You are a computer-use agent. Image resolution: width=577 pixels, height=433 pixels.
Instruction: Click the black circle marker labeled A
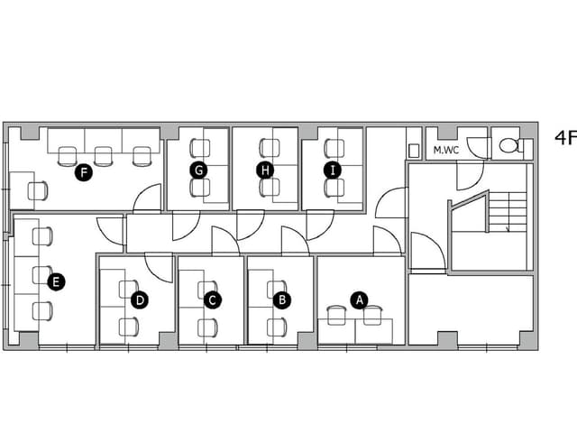pos(360,300)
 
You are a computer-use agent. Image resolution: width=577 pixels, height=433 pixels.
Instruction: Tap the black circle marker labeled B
pos(282,300)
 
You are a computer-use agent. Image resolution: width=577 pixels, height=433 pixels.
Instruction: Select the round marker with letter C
pos(213,300)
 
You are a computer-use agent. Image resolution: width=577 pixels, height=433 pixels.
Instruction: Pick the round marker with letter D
pos(140,300)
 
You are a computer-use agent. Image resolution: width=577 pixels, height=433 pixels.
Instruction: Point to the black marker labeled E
pos(56,282)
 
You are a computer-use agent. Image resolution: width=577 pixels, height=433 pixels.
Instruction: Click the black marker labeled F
pos(84,172)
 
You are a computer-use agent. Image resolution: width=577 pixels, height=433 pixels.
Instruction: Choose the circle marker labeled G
pos(198,170)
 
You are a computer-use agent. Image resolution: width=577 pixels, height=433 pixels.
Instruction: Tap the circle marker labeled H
pos(265,170)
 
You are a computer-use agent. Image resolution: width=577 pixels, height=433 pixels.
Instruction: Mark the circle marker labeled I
pos(333,170)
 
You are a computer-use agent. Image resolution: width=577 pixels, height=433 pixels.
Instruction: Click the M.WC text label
pos(446,151)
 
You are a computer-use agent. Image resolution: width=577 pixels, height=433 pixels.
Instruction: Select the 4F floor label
pos(565,138)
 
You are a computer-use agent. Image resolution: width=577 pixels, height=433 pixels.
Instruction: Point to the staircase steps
pos(508,212)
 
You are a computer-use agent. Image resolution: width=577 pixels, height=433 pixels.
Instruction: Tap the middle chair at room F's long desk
pos(103,156)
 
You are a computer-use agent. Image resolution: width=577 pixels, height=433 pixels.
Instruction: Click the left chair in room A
pos(336,315)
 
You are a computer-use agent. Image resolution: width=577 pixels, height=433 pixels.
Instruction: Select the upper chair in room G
pos(200,148)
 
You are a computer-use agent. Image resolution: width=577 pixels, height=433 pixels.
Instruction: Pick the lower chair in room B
pos(277,327)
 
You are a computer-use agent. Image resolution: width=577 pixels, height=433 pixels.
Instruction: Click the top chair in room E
pos(42,236)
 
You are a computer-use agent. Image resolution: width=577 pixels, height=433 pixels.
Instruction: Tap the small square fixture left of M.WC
pos(414,151)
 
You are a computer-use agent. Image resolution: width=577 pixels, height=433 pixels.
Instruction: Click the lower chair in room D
pos(129,327)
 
